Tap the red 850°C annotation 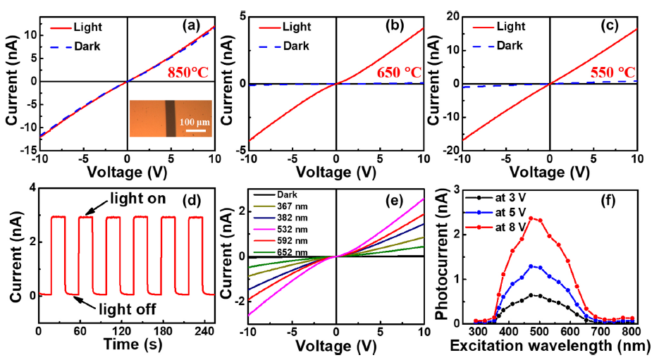(x=189, y=72)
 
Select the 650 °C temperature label (x=399, y=73)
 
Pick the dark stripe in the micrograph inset (x=171, y=118)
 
